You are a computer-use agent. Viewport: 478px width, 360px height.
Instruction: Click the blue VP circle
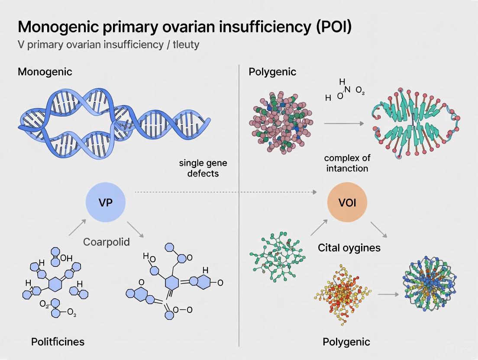[x=106, y=202]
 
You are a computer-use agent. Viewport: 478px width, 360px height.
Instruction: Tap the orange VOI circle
[x=347, y=202]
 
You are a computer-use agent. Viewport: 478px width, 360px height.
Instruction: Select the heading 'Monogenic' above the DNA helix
[x=45, y=71]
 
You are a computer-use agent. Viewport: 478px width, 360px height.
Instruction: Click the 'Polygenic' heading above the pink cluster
[x=272, y=71]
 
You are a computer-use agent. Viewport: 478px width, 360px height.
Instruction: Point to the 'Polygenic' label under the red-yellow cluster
[x=346, y=342]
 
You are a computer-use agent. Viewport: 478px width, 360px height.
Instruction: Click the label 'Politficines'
[x=58, y=342]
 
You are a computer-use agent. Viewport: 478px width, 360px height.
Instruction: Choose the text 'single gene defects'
[x=203, y=168]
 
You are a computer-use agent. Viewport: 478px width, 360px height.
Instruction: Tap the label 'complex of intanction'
[x=347, y=163]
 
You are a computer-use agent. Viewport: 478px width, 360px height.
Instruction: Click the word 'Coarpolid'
[x=107, y=241]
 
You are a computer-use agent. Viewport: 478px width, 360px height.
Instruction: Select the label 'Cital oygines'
[x=349, y=247]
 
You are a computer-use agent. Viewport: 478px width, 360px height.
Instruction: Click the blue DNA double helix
[x=113, y=123]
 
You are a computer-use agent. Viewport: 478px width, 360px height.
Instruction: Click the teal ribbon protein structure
[x=415, y=124]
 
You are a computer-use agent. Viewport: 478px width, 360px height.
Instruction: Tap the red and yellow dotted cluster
[x=343, y=294]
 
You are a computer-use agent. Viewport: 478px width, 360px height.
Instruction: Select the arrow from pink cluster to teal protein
[x=344, y=124]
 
